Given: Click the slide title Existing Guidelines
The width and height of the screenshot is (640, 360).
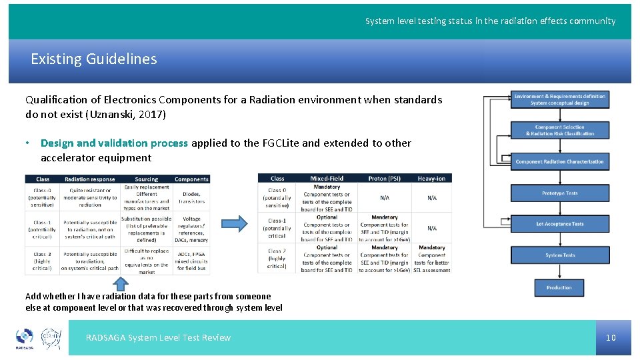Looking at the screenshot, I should pos(94,59).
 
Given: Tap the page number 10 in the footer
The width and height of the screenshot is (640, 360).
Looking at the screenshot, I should pos(611,338).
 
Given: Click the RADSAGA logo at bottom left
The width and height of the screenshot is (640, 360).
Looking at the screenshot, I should pos(24,338).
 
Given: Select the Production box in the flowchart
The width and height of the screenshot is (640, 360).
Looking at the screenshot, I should pos(559,287).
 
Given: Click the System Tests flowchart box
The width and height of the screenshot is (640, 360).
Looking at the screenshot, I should pos(560,255).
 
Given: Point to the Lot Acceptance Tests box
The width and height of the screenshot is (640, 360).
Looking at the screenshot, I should pos(560,224).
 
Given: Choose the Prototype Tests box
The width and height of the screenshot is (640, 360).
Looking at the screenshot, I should pos(560,193).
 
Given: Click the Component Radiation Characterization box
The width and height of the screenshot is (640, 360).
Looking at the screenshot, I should pos(560,161).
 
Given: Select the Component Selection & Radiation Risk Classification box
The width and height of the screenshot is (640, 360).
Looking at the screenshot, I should pos(560,130).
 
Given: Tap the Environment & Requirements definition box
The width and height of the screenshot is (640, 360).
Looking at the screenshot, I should pos(560,99).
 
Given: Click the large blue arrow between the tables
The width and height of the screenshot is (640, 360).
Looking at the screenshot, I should pos(233,223).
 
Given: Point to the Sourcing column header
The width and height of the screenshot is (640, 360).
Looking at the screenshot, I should pos(146,179).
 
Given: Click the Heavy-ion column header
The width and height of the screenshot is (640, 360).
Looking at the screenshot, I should pos(432,178).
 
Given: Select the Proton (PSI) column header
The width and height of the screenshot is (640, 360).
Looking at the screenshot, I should pos(385,178).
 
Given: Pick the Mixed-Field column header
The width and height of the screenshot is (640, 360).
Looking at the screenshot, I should pos(327,178).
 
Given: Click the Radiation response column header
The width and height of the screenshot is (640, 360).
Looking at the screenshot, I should pos(90,179).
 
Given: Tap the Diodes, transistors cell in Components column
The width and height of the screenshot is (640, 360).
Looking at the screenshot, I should pos(191,197).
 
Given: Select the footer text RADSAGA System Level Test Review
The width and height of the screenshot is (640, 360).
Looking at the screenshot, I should pos(158,338).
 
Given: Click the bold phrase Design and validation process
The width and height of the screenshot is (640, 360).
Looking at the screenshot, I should pos(114,143).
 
